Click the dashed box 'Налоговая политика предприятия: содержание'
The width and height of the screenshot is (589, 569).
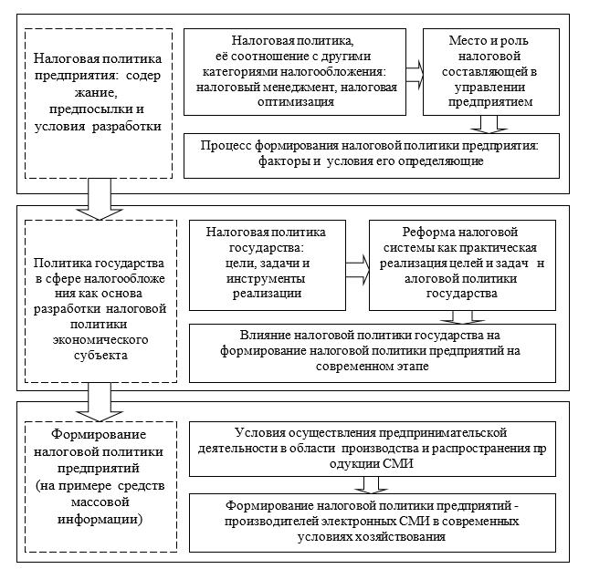(98, 102)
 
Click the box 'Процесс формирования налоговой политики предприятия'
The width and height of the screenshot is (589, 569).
(369, 154)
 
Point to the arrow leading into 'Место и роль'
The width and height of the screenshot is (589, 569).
(414, 73)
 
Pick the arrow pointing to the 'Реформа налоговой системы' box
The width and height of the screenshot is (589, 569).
(359, 264)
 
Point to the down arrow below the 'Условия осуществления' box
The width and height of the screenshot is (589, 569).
(369, 483)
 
